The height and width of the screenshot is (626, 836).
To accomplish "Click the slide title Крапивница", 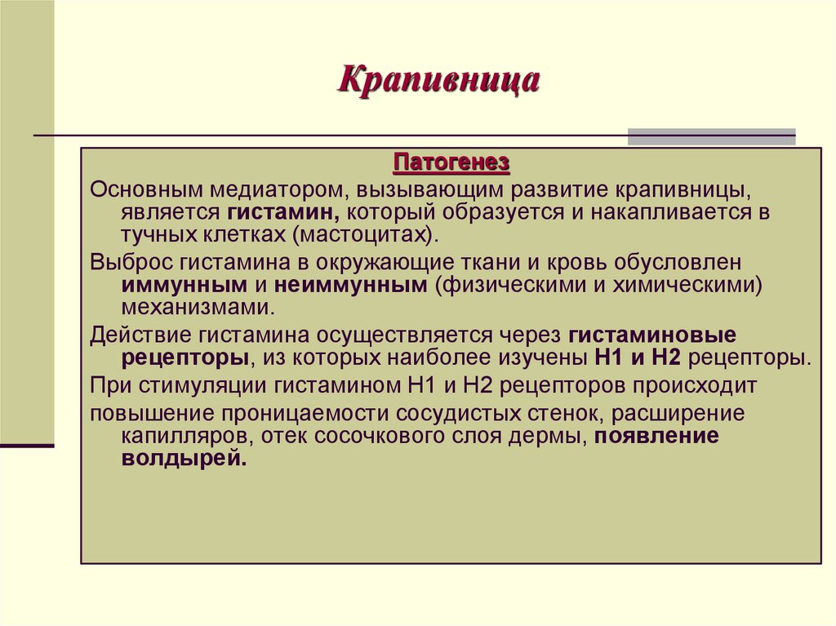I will click(x=439, y=82).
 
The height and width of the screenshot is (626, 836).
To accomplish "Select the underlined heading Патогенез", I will click(x=451, y=163).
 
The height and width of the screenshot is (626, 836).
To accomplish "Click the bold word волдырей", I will click(x=185, y=458).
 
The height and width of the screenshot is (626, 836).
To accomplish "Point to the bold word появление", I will click(x=657, y=435).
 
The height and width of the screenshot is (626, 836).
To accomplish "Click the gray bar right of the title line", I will click(x=711, y=136).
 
